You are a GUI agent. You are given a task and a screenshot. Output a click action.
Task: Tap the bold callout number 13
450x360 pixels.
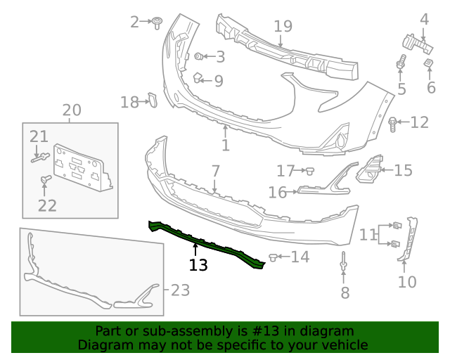tap(198, 265)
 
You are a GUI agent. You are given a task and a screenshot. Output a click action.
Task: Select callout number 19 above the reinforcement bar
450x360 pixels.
tap(283, 27)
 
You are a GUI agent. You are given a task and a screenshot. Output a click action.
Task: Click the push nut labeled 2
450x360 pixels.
tap(157, 22)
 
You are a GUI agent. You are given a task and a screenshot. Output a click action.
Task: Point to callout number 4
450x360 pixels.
tap(424, 19)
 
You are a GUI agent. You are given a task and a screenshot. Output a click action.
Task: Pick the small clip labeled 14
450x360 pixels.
tap(274, 257)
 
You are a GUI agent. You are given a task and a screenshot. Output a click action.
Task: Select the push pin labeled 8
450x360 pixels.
tap(344, 263)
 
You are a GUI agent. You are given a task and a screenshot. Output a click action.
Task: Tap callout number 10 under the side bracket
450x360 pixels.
tap(407, 282)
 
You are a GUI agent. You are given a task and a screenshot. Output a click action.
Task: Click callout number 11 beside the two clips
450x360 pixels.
tap(368, 235)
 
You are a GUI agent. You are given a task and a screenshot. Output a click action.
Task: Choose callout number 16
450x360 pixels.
tap(277, 192)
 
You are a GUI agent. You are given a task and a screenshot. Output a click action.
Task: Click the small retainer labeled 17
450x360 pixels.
tap(308, 170)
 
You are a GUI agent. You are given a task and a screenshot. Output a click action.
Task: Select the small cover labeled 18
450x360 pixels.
tap(150, 101)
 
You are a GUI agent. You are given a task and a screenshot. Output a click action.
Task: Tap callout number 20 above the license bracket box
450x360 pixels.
tap(72, 110)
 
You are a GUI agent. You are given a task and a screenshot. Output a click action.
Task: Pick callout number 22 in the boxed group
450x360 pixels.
tap(46, 205)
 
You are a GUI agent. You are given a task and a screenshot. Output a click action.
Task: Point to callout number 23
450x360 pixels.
tap(180, 290)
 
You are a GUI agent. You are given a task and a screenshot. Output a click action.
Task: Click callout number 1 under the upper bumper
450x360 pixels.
tap(225, 146)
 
